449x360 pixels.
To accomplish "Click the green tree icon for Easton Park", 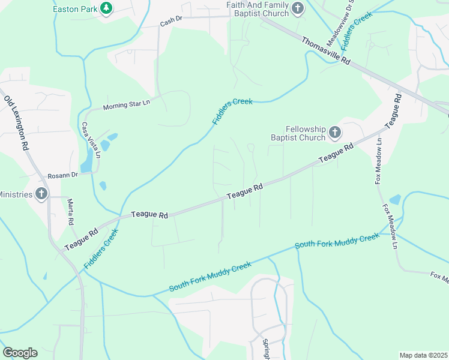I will (107, 8).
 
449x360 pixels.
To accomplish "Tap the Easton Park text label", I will (74, 9).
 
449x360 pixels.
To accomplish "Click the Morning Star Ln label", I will (125, 105).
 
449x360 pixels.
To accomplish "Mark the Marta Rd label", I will (70, 212).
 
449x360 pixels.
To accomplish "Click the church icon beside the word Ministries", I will (41, 193).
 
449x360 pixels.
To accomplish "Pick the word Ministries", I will (15, 194).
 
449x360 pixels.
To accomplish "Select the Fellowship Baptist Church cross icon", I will (335, 133).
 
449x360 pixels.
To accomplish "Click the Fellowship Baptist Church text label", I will (306, 133).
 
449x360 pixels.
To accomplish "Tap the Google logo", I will (20, 352).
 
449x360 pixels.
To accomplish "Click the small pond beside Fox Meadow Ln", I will (394, 199).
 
